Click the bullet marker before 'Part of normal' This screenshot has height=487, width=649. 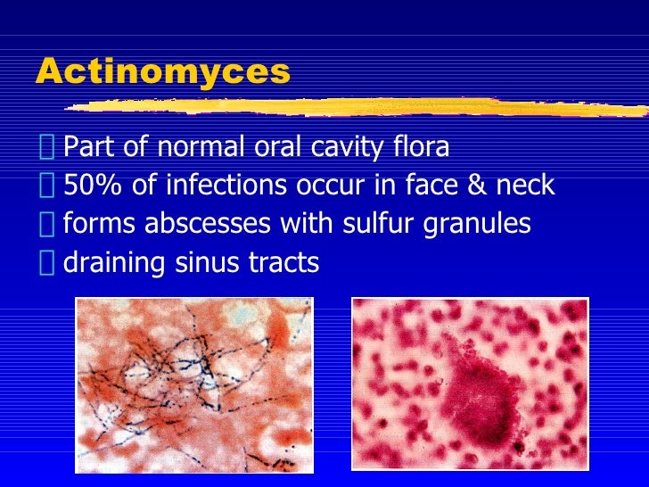coord(47,147)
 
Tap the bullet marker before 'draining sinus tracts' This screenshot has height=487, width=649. coord(47,264)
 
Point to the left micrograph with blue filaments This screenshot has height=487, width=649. coord(193,384)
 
